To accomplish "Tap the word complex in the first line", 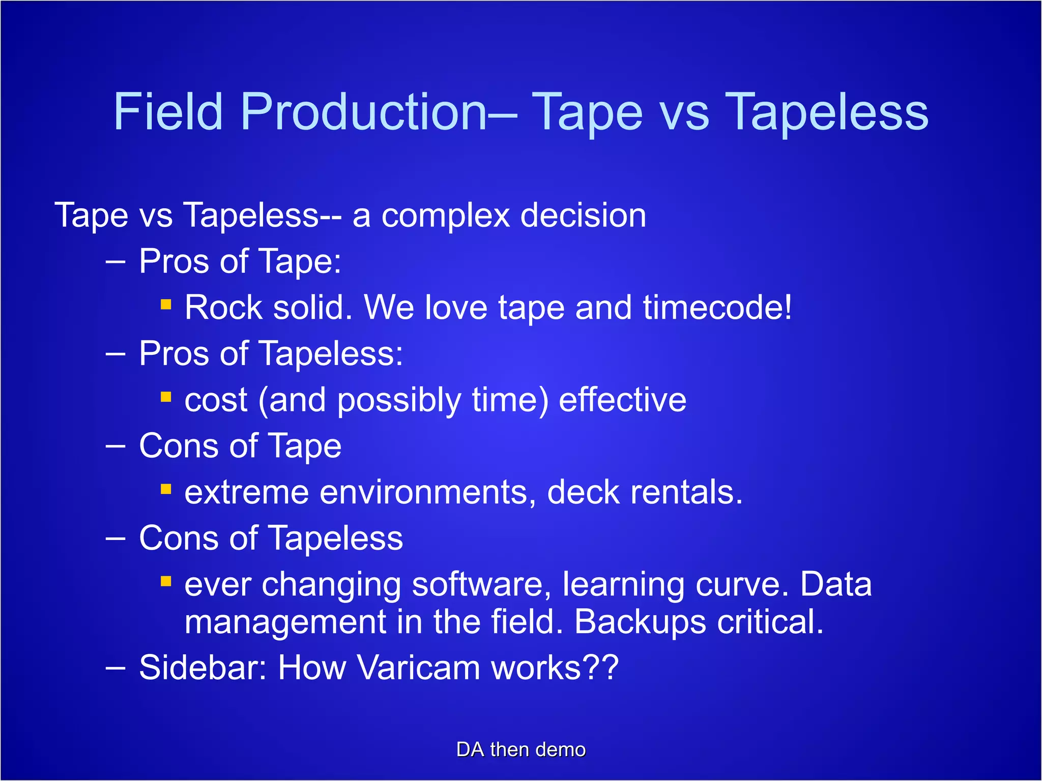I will point(446,216).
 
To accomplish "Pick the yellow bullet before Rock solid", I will point(166,304).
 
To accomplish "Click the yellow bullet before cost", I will point(166,397).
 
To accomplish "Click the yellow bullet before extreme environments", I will point(166,489).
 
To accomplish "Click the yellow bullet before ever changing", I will point(166,581).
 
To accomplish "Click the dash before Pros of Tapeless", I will point(115,354).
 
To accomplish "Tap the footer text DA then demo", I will point(521,750).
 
